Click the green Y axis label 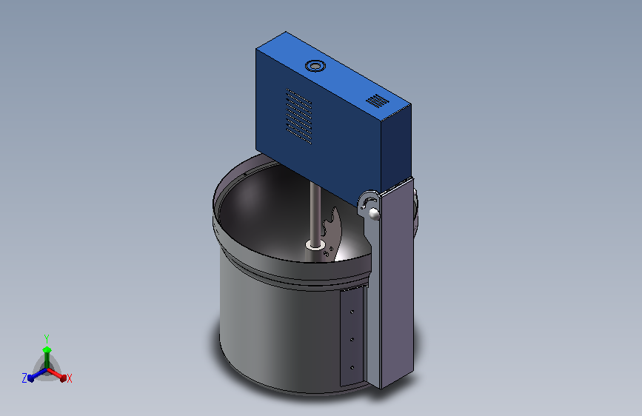[47, 339]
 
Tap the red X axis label [69, 378]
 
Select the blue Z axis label [24, 378]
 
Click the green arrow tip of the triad [47, 349]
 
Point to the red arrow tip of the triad [63, 378]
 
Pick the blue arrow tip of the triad [31, 378]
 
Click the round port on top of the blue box [315, 66]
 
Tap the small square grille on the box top [377, 101]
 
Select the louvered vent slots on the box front [298, 116]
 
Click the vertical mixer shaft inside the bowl [315, 213]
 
